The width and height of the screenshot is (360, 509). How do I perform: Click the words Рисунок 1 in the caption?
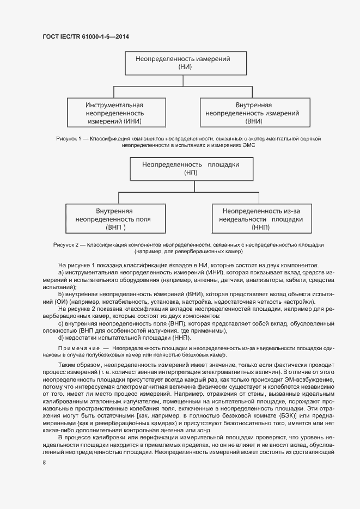coord(69,139)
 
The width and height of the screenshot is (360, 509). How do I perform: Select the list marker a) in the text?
coord(61,272)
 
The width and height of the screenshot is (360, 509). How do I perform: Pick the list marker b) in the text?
coord(61,294)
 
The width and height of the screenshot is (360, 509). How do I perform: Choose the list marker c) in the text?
coord(61,323)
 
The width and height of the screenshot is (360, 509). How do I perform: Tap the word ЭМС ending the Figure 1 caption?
coord(248,146)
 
